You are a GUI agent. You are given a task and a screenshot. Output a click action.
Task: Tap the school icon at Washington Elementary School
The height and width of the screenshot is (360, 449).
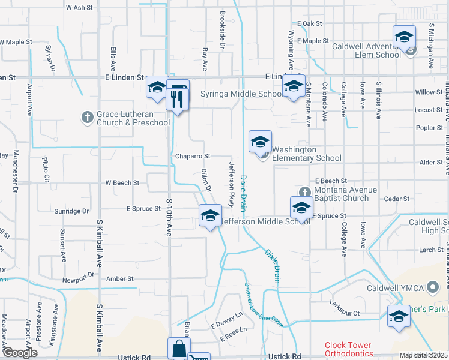point(260,142)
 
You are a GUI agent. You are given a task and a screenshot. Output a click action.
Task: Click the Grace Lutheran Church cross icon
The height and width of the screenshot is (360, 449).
point(87,117)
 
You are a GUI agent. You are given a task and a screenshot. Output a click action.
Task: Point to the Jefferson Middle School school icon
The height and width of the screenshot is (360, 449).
point(211,217)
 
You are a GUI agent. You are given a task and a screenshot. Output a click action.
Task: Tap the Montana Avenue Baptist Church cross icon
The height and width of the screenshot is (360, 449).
point(305,191)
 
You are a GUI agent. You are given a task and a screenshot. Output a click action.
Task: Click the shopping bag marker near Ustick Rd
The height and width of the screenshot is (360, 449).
point(179,349)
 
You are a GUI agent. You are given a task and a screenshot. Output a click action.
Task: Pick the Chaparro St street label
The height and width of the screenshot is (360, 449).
point(192,156)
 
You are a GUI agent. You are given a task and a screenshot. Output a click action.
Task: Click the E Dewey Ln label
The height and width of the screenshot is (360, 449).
point(226,321)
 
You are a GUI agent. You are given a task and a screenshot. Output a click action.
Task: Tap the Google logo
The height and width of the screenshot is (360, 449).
point(19,352)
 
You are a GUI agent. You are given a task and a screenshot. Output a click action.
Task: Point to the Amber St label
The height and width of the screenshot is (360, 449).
point(120,279)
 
